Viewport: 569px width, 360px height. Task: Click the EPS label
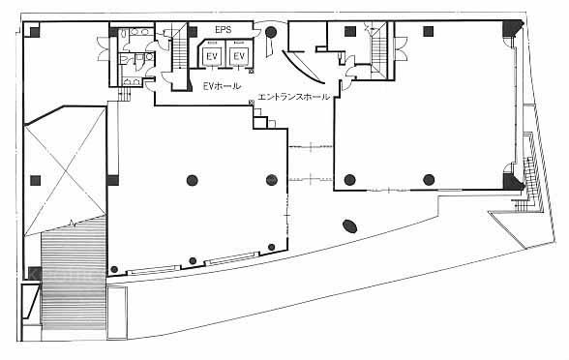click(x=224, y=29)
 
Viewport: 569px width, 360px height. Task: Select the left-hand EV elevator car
click(x=212, y=55)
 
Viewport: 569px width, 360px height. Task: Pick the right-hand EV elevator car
click(x=238, y=55)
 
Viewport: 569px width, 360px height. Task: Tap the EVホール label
click(x=222, y=86)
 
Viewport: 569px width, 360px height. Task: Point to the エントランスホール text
click(x=294, y=97)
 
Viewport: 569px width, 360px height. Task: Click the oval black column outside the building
click(x=350, y=226)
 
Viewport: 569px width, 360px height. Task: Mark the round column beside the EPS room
click(x=271, y=32)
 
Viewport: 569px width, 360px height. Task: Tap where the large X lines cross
click(x=66, y=171)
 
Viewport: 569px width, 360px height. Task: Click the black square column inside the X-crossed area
click(x=35, y=180)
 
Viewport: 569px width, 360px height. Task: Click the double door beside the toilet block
click(x=103, y=47)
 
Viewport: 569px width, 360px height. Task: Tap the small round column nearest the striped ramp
click(x=114, y=269)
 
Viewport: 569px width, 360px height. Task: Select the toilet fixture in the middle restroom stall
click(x=123, y=59)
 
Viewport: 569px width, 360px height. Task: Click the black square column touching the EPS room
click(x=193, y=32)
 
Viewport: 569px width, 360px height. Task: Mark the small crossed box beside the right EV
click(x=252, y=72)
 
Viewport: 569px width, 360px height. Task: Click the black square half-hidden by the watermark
click(x=35, y=273)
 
